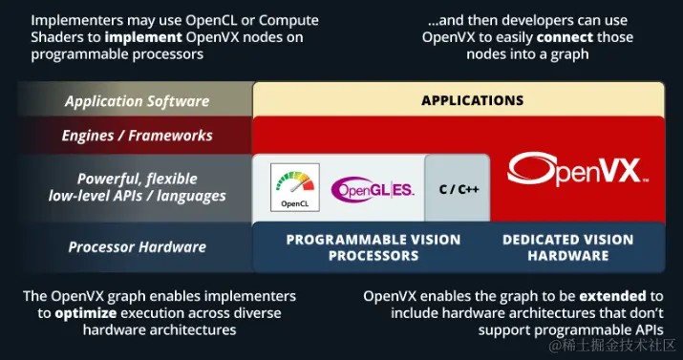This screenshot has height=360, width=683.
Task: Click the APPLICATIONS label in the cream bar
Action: tap(472, 100)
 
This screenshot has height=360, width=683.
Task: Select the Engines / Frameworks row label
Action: tap(137, 136)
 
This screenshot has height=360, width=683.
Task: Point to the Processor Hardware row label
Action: tap(137, 247)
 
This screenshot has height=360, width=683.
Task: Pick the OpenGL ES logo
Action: tap(373, 189)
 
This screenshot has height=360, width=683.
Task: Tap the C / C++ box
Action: tap(458, 189)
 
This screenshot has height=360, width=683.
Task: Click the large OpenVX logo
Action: tap(578, 170)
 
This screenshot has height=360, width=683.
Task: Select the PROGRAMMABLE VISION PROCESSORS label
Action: tap(373, 247)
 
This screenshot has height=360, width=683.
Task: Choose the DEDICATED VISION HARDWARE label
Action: tap(567, 247)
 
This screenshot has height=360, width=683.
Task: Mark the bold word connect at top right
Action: tap(566, 37)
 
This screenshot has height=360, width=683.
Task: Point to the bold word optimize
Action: tap(84, 312)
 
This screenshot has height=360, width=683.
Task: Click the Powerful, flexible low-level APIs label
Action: tap(137, 187)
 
